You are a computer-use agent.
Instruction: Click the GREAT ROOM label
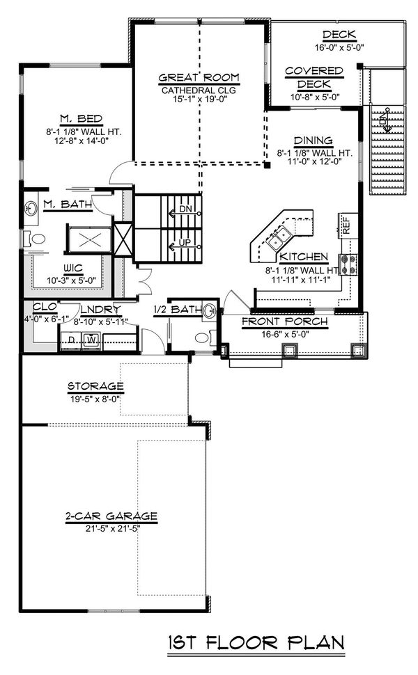coord(199,77)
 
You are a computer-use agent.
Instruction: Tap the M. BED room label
coord(81,118)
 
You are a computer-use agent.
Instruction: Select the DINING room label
coord(313,141)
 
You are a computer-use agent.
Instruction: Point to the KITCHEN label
coord(304,257)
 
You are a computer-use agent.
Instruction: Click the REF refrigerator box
coord(346,225)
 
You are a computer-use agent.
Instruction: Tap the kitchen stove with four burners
coord(348,264)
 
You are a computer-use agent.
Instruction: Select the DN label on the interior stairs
coord(185,209)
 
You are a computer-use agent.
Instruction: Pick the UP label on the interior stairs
coord(185,243)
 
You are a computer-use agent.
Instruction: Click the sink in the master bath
coord(31,209)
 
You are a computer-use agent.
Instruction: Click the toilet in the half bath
coord(205,337)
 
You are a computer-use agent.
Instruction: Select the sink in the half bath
coord(210,310)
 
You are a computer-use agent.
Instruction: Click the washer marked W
coord(92,340)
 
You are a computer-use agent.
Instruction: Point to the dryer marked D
coord(70,340)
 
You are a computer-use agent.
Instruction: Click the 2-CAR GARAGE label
coord(111,516)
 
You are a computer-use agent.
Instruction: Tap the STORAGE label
coord(95,386)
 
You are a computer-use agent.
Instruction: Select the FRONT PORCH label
coord(284,321)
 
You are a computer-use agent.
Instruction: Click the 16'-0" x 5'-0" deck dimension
coord(339,47)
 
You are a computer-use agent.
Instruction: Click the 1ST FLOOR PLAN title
coord(256,643)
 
